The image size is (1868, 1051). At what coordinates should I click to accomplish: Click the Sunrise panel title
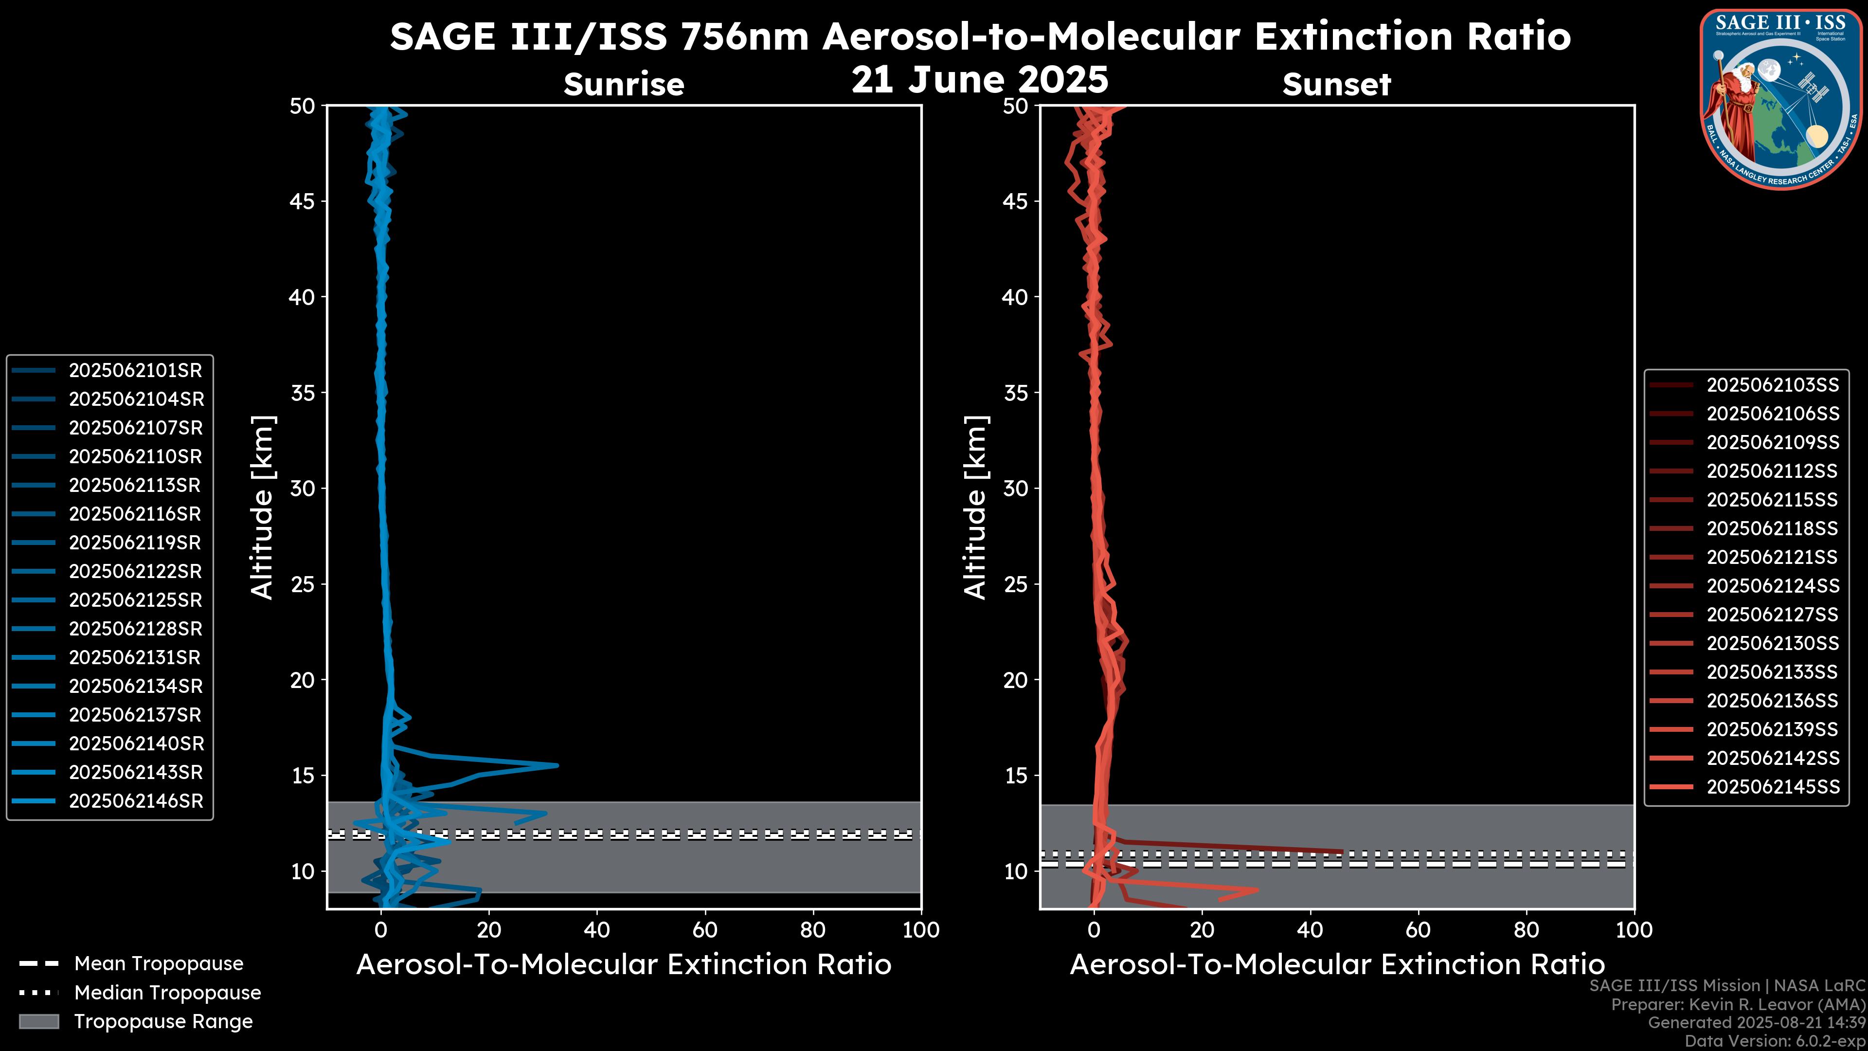(624, 84)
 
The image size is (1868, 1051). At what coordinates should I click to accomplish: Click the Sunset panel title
(1336, 84)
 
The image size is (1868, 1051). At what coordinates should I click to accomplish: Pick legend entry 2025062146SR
(135, 801)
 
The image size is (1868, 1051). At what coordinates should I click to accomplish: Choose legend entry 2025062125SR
(135, 600)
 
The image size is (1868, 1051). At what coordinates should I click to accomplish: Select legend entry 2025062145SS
(1772, 787)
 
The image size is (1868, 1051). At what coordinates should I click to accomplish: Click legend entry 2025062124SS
(1772, 586)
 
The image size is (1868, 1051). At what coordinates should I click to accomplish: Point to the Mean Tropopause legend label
(159, 964)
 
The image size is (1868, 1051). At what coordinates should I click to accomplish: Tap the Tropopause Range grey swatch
(38, 1021)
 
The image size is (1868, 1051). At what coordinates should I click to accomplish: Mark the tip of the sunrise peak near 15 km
(557, 765)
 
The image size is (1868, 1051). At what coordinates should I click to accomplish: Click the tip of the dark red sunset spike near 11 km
(1342, 852)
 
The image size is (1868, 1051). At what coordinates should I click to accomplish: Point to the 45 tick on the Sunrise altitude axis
(303, 201)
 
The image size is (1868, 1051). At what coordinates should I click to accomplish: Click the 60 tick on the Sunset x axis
(1418, 930)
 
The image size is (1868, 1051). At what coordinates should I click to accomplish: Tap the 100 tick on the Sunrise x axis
(920, 930)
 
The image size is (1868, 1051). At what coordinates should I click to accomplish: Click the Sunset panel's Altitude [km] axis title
(975, 507)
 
